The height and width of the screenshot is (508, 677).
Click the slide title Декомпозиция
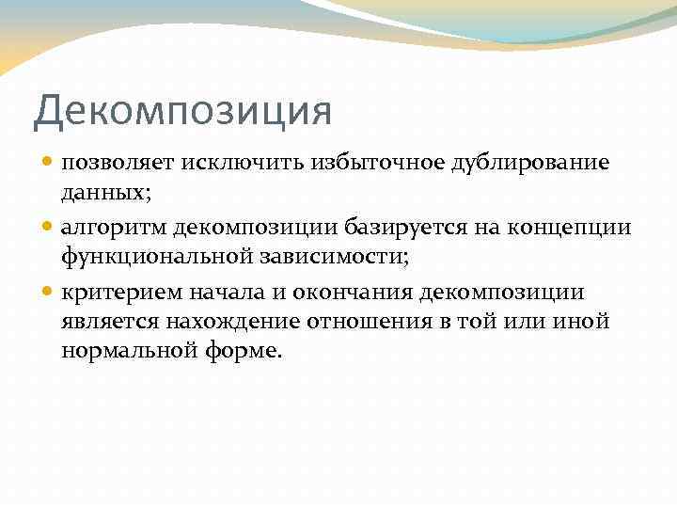[182, 110]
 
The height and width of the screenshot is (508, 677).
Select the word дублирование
[530, 163]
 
